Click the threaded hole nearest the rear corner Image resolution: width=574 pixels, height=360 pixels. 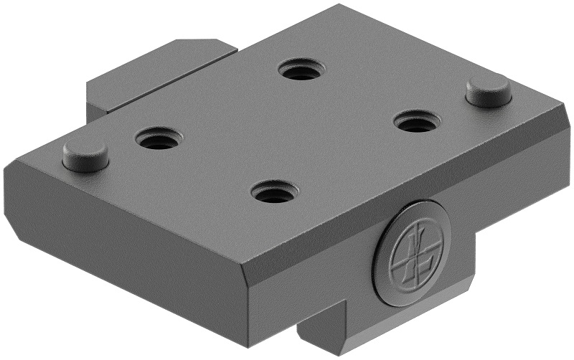point(301,70)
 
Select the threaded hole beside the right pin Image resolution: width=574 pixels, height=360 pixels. point(416,121)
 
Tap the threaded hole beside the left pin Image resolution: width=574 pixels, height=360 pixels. point(159,138)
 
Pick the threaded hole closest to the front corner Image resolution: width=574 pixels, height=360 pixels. point(274,191)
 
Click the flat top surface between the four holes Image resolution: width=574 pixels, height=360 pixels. point(287,129)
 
